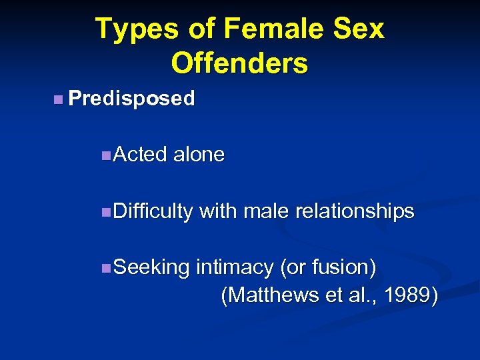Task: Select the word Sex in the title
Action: coord(360,29)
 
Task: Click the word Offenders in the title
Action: coord(239,63)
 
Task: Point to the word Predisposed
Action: coord(131,99)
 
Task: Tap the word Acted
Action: coord(141,155)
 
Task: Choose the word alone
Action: coord(199,155)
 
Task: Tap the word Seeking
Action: coord(152,267)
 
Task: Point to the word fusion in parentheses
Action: coord(339,267)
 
